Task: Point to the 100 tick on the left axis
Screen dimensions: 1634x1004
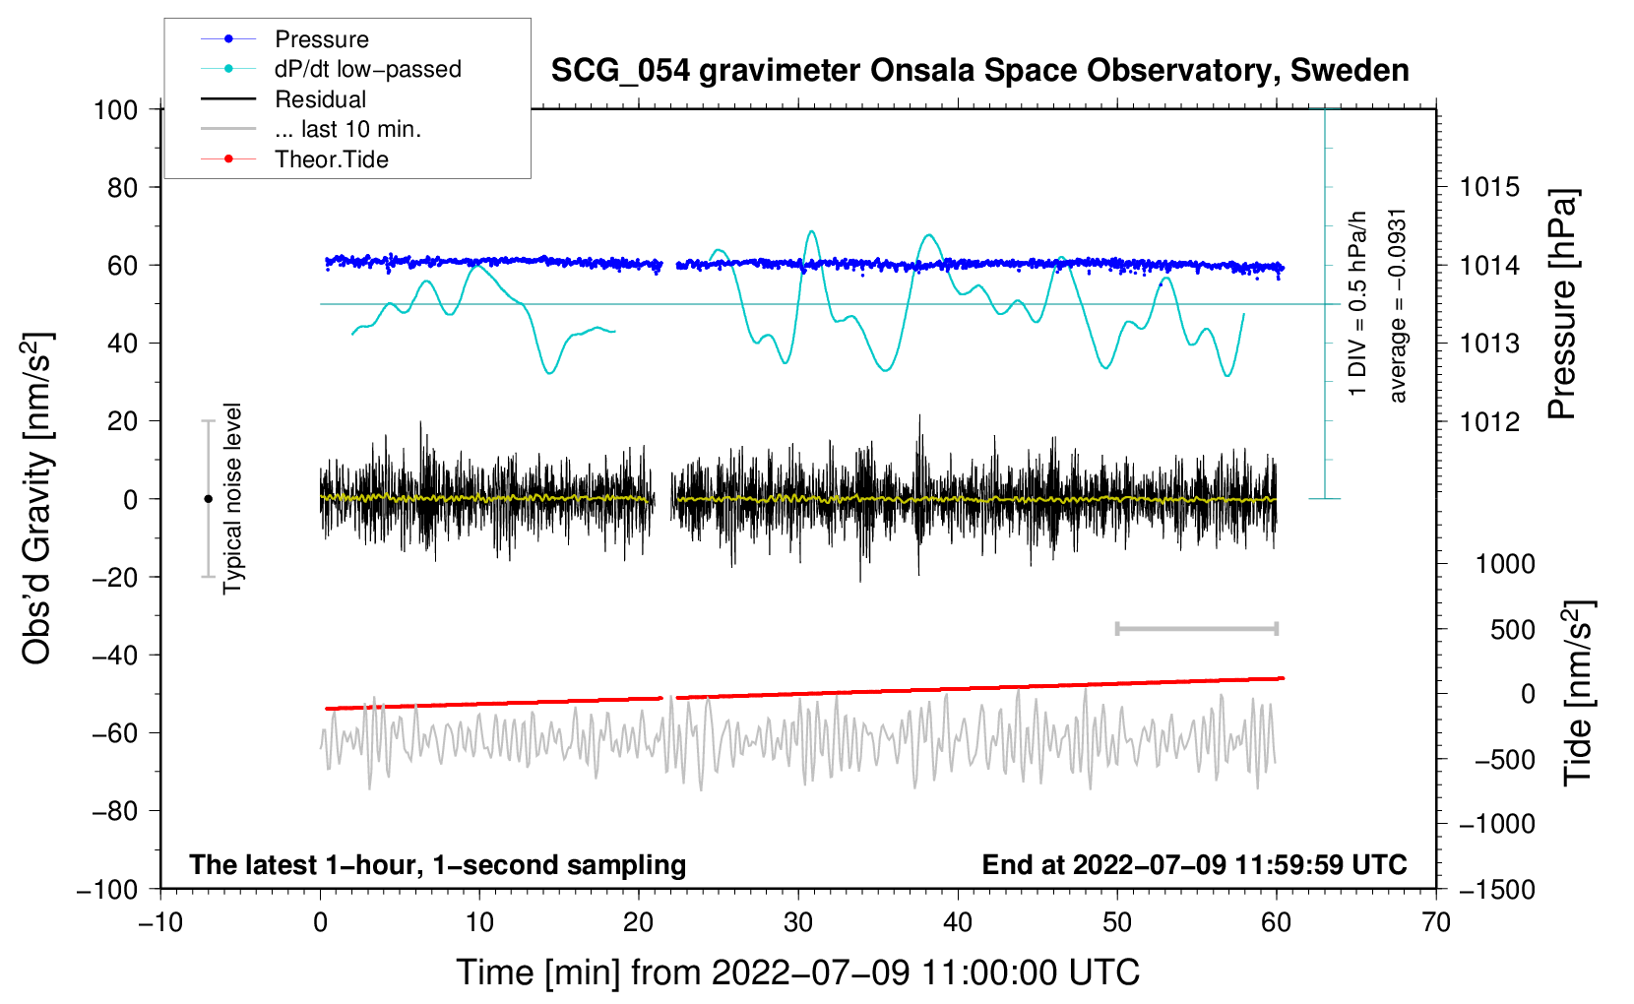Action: [115, 110]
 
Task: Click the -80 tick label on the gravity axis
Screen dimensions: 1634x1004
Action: [115, 811]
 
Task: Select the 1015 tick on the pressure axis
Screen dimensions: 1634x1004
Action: [1489, 188]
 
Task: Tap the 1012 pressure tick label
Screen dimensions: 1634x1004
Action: [1489, 421]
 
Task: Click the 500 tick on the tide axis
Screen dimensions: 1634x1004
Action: [1512, 630]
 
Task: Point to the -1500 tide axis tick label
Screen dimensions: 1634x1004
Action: [1497, 890]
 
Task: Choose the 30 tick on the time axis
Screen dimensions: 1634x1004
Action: [798, 922]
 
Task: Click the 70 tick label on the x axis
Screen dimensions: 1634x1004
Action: [1435, 922]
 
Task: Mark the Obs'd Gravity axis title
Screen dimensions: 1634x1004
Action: [36, 498]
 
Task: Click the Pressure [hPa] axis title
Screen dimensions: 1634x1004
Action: [1562, 304]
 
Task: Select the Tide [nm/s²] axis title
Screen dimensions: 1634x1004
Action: [1579, 694]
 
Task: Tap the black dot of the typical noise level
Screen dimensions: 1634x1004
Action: [208, 499]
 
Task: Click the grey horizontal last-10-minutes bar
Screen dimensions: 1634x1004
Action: [1196, 629]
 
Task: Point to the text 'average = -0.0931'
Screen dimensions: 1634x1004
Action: [1396, 306]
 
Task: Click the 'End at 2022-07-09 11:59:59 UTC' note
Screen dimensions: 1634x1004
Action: [1194, 864]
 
